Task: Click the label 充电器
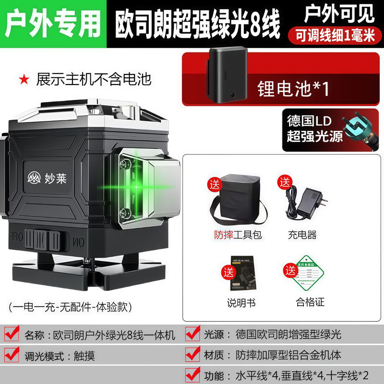(302, 236)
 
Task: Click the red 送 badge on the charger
(286, 183)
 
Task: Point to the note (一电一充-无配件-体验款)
(70, 305)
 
